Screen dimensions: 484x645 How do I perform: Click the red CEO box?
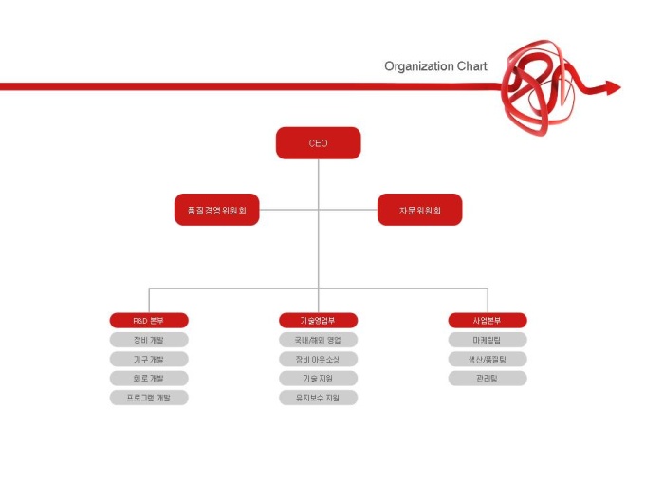tap(318, 143)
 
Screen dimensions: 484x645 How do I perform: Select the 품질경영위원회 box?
tap(216, 210)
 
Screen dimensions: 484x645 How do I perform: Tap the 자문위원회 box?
tap(419, 210)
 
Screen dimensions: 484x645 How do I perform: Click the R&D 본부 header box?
tap(148, 321)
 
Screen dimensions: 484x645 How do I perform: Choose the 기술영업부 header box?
tap(318, 321)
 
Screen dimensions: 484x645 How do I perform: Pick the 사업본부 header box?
tap(487, 321)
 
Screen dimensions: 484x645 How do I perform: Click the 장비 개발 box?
tap(148, 340)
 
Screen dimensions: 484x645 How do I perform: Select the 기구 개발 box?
tap(148, 359)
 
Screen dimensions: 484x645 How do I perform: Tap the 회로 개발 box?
tap(148, 378)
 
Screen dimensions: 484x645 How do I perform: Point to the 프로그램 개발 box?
tap(148, 398)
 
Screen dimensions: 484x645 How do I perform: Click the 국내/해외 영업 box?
tap(318, 340)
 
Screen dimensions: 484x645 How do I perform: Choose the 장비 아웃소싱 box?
tap(318, 359)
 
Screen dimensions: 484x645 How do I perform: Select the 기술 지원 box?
tap(318, 378)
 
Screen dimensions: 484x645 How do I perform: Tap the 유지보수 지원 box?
tap(318, 398)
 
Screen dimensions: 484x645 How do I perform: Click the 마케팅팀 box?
tap(487, 340)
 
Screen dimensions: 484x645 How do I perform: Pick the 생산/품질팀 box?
tap(487, 359)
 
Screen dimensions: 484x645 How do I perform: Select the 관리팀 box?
tap(487, 378)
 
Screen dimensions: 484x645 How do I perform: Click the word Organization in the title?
tap(418, 66)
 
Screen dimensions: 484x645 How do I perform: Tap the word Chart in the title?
tap(471, 66)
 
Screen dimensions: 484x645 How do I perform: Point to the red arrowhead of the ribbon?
tap(612, 88)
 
